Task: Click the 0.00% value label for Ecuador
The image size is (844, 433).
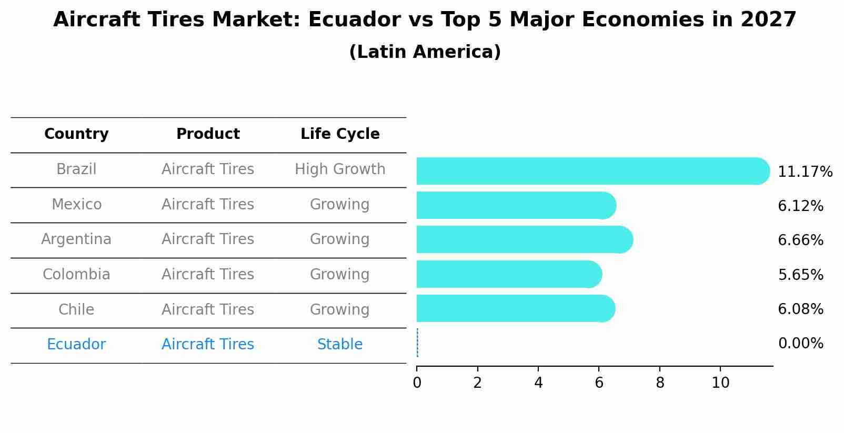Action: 800,344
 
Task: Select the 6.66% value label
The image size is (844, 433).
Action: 800,240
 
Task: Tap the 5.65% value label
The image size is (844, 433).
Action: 800,275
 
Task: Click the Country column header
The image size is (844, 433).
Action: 76,134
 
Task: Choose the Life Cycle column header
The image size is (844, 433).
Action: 340,134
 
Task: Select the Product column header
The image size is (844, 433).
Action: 208,134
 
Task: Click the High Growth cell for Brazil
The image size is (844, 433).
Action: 340,169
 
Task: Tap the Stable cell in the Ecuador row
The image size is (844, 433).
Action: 340,345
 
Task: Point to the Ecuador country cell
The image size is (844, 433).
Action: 76,345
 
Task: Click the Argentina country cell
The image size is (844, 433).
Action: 76,239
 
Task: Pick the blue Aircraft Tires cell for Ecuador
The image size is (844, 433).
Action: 208,345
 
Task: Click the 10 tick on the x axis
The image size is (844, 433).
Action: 720,382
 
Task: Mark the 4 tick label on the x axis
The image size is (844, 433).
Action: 538,382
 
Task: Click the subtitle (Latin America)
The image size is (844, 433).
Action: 425,52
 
